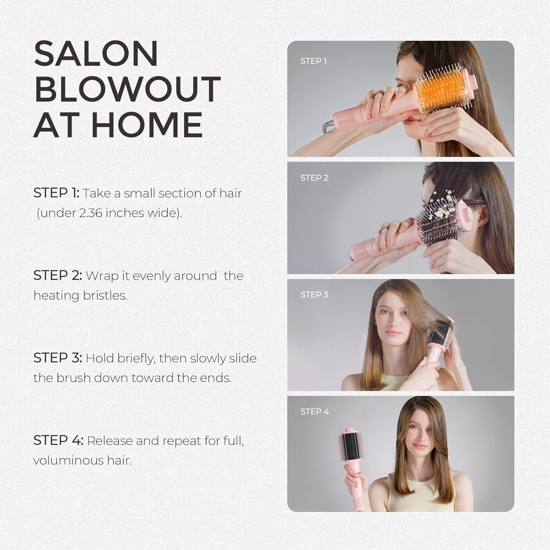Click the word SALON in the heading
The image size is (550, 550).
(96, 54)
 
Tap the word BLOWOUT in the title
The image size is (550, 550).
(127, 89)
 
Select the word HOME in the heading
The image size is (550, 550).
(147, 125)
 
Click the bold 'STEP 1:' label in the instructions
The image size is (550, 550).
(56, 193)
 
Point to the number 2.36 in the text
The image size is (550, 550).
(91, 213)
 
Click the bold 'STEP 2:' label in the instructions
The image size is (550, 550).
(58, 275)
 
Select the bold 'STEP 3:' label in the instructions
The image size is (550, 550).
(58, 358)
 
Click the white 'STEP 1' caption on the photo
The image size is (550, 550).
(313, 61)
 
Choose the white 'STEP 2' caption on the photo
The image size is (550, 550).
(314, 178)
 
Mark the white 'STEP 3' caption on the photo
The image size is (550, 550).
(314, 295)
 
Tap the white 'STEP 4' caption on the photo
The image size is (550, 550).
(315, 412)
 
